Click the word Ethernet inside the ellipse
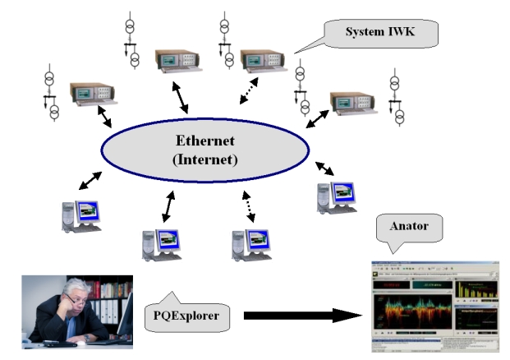pos(205,140)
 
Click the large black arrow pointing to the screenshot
pos(304,315)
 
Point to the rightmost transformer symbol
pos(397,100)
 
